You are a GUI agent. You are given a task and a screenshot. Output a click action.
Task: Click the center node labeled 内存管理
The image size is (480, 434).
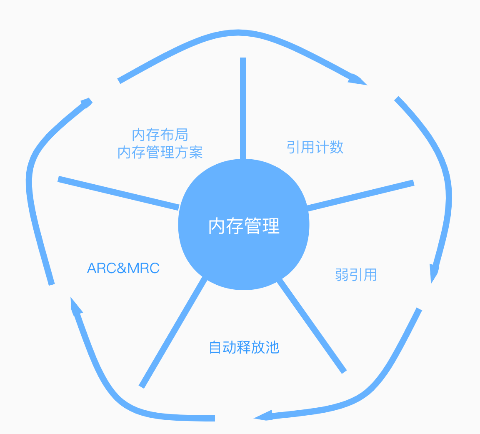pyautogui.click(x=244, y=225)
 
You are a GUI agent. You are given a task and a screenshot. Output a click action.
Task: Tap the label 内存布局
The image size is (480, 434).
pyautogui.click(x=160, y=135)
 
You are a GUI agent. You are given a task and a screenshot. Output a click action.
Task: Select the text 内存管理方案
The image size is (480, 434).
pyautogui.click(x=160, y=152)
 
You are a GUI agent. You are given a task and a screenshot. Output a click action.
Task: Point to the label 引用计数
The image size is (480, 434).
pyautogui.click(x=315, y=147)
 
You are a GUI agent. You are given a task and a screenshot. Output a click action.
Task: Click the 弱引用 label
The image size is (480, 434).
pyautogui.click(x=356, y=275)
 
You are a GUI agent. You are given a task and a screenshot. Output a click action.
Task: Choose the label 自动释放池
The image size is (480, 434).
pyautogui.click(x=244, y=347)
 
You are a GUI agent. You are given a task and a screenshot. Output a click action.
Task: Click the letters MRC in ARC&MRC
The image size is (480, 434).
pyautogui.click(x=143, y=268)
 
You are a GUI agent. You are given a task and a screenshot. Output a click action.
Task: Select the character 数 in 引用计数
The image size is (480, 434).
pyautogui.click(x=336, y=147)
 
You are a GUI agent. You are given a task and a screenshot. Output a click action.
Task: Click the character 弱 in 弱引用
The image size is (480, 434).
pyautogui.click(x=342, y=275)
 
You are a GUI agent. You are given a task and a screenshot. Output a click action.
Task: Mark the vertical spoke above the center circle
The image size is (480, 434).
pyautogui.click(x=243, y=108)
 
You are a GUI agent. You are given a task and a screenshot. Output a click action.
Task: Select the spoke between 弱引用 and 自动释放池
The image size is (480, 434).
pyautogui.click(x=312, y=326)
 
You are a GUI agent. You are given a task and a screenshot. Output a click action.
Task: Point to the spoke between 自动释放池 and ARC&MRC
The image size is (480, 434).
pyautogui.click(x=173, y=332)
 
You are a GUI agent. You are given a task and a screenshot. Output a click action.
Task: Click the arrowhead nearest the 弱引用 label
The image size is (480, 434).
pyautogui.click(x=434, y=273)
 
